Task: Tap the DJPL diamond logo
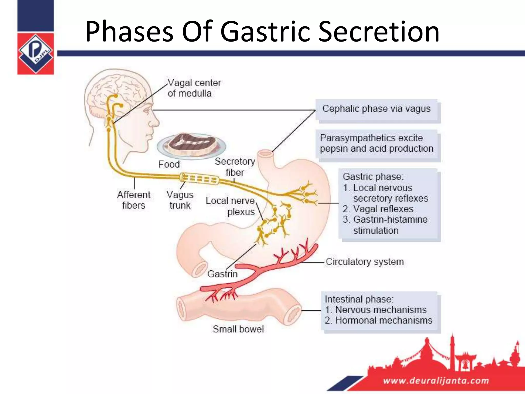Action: coord(35,53)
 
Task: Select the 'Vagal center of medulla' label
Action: coord(194,88)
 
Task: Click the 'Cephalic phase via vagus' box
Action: coord(376,109)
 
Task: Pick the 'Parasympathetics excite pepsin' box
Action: coord(376,143)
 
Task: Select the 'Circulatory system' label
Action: coord(365,262)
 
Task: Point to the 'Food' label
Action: coord(169,164)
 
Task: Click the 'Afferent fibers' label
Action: coord(134,200)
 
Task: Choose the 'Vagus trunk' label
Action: coord(180,200)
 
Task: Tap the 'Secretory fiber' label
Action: coord(235,167)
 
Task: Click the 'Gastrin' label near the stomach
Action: coord(222,274)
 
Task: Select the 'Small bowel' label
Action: coord(238,329)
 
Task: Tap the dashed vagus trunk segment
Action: coord(199,179)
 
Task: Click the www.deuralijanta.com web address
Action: coord(436,380)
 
